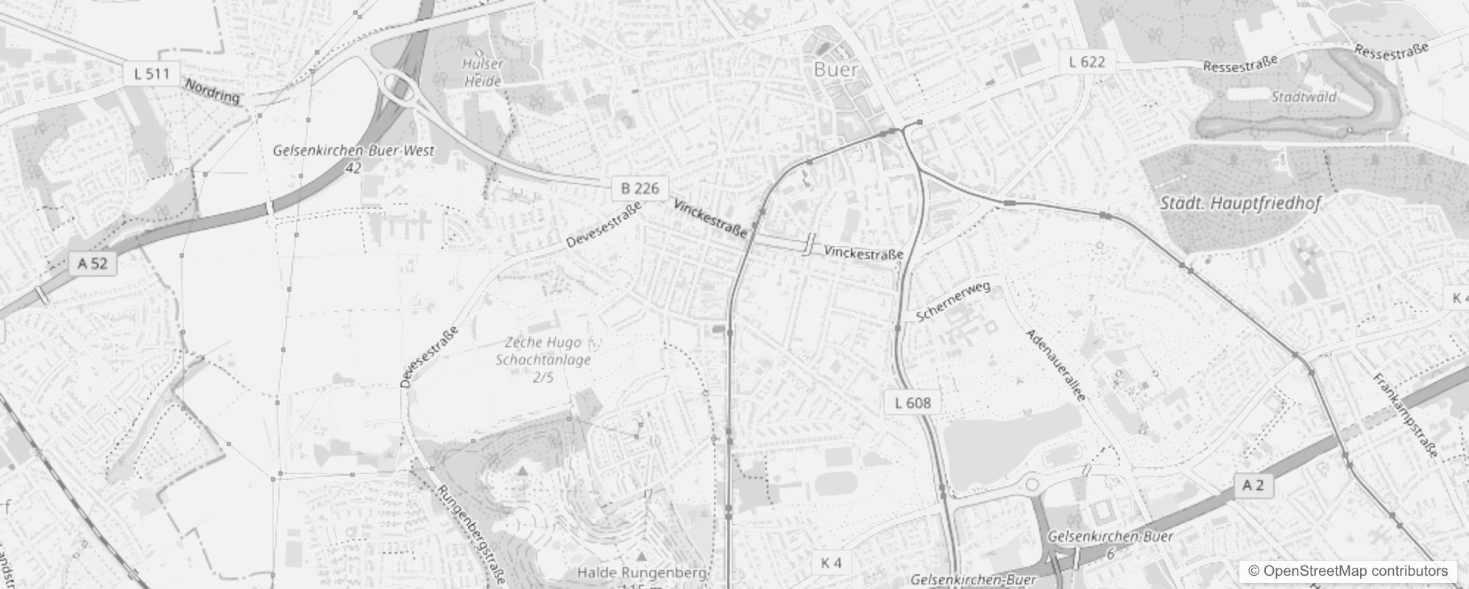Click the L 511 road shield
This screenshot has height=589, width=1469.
pyautogui.click(x=152, y=74)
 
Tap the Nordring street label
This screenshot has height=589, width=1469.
pyautogui.click(x=212, y=91)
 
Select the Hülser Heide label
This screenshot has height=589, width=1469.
pyautogui.click(x=483, y=73)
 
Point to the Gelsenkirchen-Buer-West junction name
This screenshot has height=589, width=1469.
pyautogui.click(x=353, y=151)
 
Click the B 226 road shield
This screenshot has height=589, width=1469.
pyautogui.click(x=640, y=188)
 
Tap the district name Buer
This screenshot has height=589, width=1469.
pyautogui.click(x=836, y=70)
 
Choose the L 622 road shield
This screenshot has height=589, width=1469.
pyautogui.click(x=1087, y=62)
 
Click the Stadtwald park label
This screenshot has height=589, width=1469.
pyautogui.click(x=1303, y=96)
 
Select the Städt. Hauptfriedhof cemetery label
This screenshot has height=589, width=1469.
pyautogui.click(x=1240, y=203)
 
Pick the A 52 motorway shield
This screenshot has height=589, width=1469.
pyautogui.click(x=93, y=263)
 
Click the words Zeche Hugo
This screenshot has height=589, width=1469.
pyautogui.click(x=543, y=342)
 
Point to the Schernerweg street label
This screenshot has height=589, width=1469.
pyautogui.click(x=954, y=302)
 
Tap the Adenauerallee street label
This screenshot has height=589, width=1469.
pyautogui.click(x=1055, y=365)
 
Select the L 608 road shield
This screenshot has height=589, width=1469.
pyautogui.click(x=913, y=403)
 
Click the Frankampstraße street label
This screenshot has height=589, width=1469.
pyautogui.click(x=1405, y=415)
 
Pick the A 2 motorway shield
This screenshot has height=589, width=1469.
pyautogui.click(x=1253, y=485)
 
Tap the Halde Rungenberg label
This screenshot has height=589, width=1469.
pyautogui.click(x=641, y=572)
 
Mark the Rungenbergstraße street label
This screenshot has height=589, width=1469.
pyautogui.click(x=472, y=536)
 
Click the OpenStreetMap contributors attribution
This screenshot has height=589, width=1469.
pyautogui.click(x=1347, y=571)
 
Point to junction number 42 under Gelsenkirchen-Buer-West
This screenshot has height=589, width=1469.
pyautogui.click(x=353, y=168)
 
